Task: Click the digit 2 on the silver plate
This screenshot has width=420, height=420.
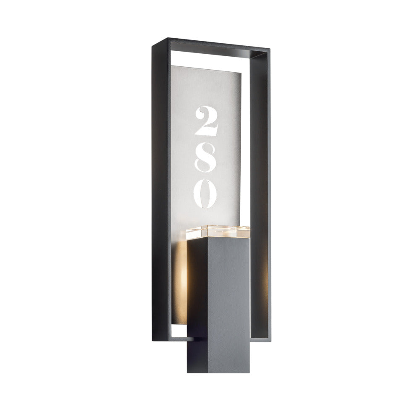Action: pos(206,121)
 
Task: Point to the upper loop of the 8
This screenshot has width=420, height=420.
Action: pos(206,150)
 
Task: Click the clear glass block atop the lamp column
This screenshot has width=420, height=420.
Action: pos(218,232)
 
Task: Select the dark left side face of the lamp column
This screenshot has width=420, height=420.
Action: pos(197,305)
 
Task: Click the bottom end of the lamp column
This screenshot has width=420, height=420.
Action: pos(218,372)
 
